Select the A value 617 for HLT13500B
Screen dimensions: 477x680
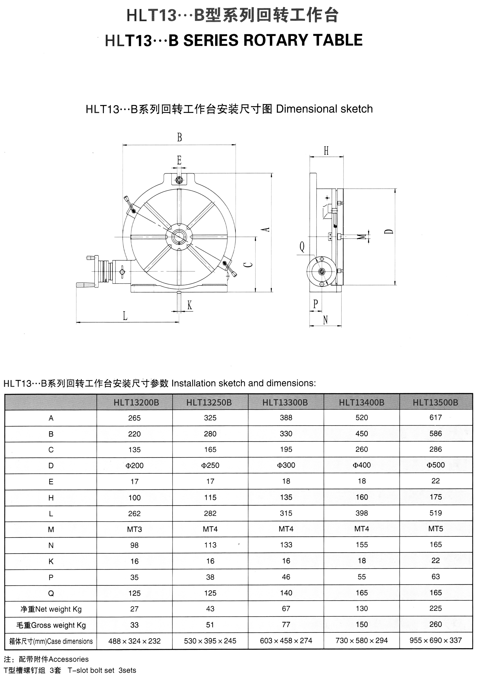tap(436, 418)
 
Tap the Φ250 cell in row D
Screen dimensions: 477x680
tap(210, 465)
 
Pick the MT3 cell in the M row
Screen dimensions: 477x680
tap(134, 529)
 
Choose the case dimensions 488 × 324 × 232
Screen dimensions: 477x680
tap(134, 641)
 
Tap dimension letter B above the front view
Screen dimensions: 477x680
tap(179, 137)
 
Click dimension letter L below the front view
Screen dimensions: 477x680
tap(125, 316)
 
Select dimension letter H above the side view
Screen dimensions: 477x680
tap(326, 151)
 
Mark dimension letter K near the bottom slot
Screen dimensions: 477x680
tap(190, 305)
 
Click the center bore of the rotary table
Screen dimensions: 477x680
tap(179, 237)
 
